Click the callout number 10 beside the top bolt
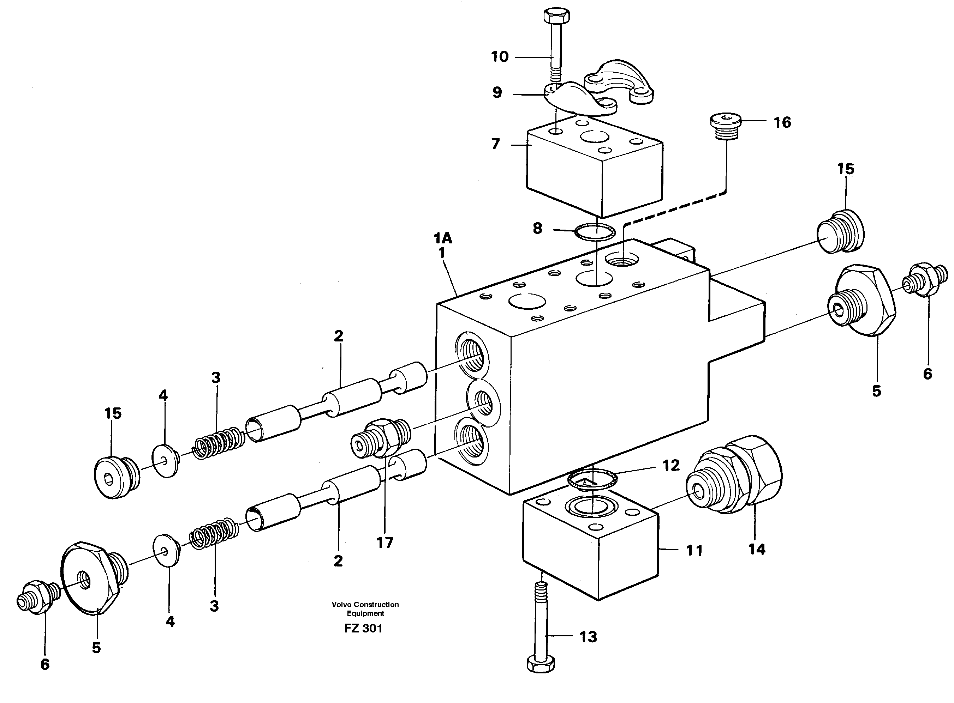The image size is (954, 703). point(500,56)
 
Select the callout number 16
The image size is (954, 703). point(782,122)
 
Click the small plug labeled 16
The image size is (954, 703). point(726,126)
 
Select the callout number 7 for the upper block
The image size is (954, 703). point(495,144)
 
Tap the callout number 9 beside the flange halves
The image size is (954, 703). point(497,92)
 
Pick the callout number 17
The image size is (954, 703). point(384,543)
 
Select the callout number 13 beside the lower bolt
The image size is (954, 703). point(588,637)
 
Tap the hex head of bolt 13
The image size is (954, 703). point(541,664)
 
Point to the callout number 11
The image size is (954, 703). point(694,551)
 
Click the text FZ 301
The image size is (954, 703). point(363,629)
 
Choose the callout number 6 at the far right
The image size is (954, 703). point(928,374)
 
